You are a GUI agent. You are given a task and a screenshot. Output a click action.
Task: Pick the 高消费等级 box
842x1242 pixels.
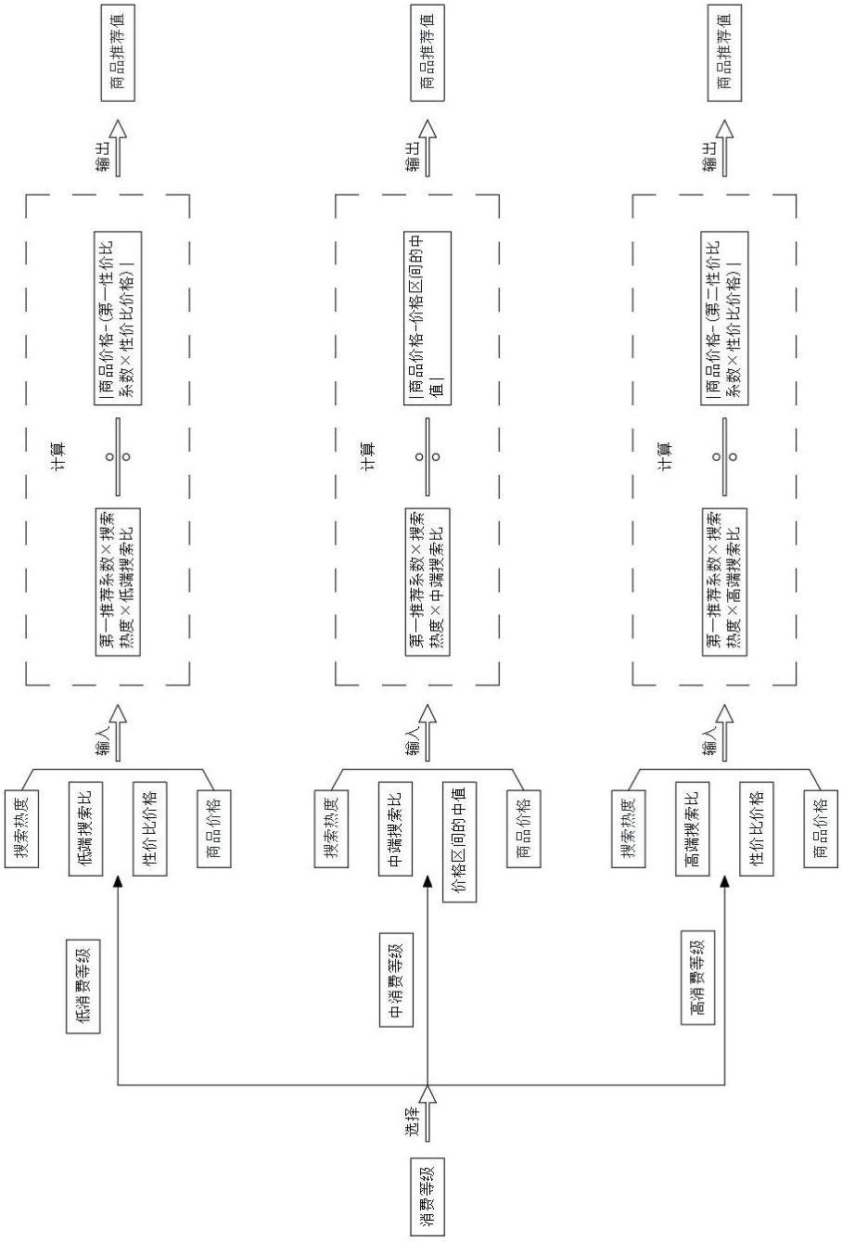tap(696, 977)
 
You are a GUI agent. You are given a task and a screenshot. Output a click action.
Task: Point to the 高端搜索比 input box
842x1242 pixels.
tap(691, 827)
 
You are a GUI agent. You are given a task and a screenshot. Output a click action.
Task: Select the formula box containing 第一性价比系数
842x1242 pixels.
tap(118, 316)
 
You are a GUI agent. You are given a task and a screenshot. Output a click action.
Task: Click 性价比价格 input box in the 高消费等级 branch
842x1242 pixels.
tap(755, 827)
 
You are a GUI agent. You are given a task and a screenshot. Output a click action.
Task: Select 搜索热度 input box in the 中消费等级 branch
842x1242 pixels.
tap(331, 827)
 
